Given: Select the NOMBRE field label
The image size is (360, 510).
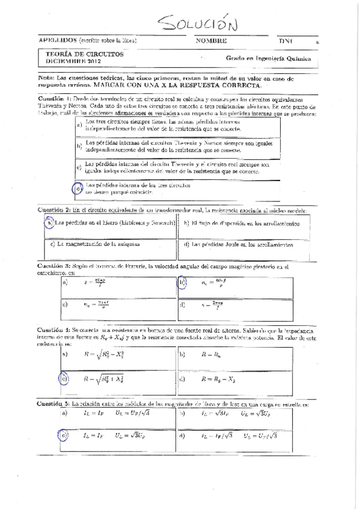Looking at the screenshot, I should (x=211, y=41).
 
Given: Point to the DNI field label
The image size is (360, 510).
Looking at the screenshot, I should (x=284, y=41).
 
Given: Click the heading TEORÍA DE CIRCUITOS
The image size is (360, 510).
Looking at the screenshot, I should (x=85, y=54).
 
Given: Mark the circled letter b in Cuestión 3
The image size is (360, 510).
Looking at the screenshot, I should (x=182, y=281).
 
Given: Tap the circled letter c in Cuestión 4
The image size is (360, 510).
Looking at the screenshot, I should (x=64, y=379).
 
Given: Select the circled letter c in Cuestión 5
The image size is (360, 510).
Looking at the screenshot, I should (x=64, y=435).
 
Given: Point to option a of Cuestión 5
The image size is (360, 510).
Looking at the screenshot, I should (x=64, y=414).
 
